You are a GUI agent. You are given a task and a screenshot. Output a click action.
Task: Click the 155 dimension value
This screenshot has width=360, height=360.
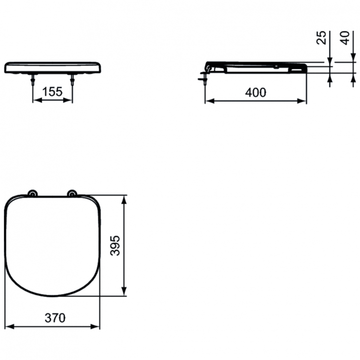click(52, 92)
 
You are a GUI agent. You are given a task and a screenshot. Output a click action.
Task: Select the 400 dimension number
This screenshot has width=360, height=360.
click(255, 92)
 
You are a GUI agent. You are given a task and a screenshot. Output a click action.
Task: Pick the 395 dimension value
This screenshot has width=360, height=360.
click(116, 245)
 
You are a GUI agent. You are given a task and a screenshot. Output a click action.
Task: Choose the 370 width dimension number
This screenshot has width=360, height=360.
click(55, 318)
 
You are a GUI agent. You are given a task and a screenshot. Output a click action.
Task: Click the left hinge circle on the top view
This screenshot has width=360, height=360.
click(32, 193)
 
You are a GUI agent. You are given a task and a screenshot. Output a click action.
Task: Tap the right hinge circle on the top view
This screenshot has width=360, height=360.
click(72, 193)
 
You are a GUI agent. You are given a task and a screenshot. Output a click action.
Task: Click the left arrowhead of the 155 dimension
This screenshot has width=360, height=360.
click(36, 101)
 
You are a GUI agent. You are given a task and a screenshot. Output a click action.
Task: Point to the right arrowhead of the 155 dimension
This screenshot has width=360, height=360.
click(70, 101)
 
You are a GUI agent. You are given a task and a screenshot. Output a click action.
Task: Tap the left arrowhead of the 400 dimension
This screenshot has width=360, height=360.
click(208, 101)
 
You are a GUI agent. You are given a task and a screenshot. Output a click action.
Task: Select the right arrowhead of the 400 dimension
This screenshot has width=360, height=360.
click(303, 101)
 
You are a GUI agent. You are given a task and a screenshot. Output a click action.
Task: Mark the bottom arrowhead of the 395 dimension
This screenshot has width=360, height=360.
click(125, 291)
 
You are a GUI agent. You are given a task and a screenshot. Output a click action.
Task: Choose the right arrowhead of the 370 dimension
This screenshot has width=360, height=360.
click(97, 327)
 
